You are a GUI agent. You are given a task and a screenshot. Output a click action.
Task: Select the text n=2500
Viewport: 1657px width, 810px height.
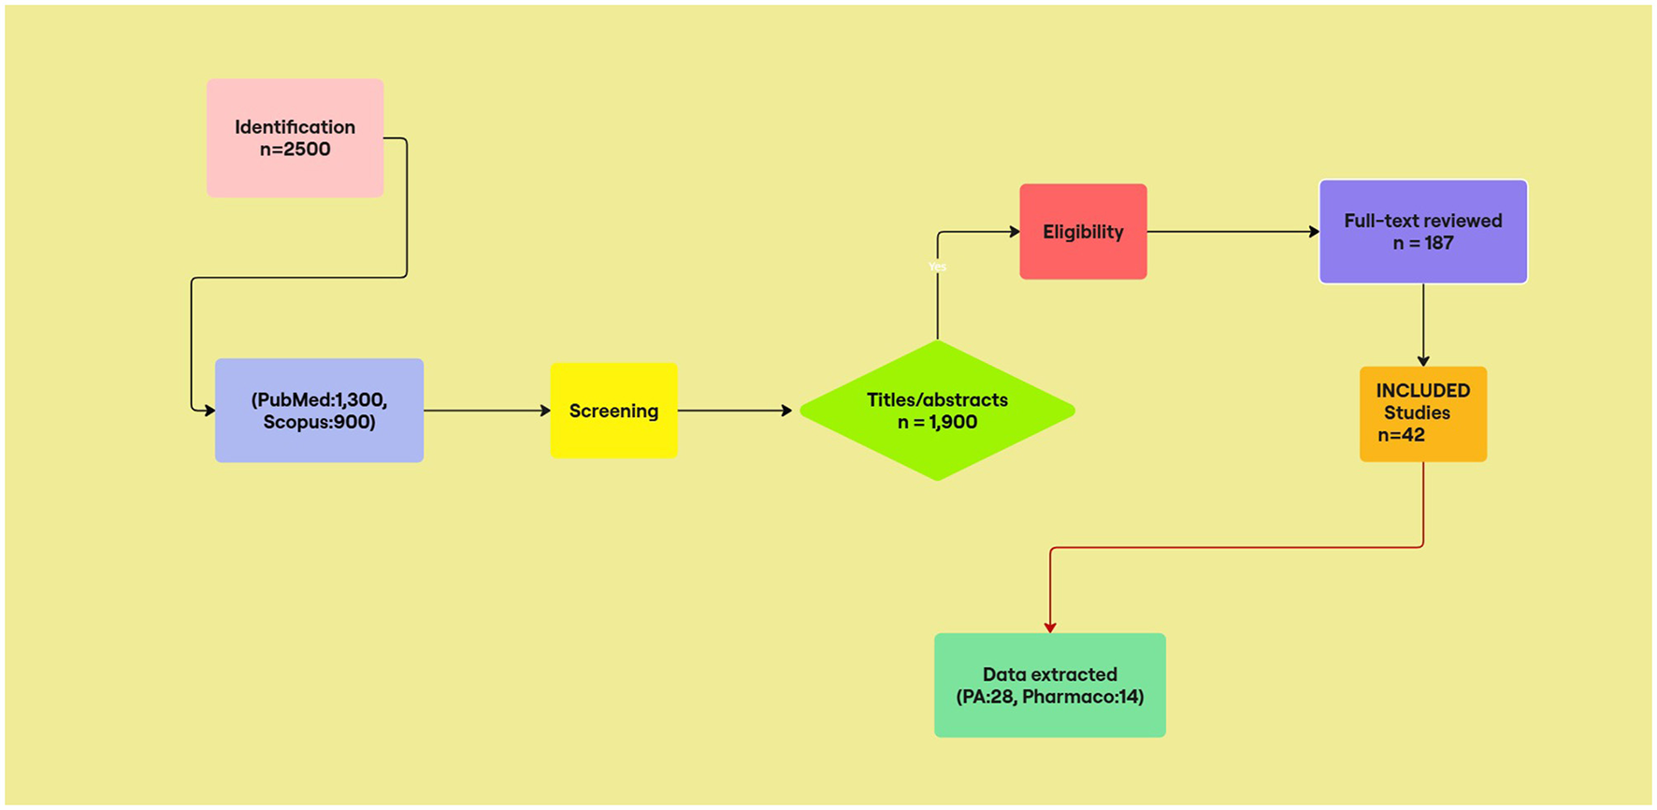click(x=295, y=150)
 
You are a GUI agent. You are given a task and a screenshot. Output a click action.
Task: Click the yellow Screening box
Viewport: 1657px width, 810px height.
click(x=613, y=411)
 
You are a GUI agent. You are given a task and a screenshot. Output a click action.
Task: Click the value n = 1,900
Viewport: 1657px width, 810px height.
click(x=937, y=423)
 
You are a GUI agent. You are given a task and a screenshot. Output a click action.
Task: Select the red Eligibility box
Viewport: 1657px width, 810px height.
click(x=1083, y=232)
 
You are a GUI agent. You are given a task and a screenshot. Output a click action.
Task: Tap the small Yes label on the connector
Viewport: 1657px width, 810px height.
click(x=937, y=268)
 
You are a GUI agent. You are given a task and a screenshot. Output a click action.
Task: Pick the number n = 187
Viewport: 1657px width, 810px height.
click(x=1422, y=243)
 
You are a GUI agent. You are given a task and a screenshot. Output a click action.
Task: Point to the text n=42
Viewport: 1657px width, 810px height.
click(x=1401, y=435)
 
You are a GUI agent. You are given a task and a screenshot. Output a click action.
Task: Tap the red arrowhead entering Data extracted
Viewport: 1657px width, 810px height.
click(x=1050, y=628)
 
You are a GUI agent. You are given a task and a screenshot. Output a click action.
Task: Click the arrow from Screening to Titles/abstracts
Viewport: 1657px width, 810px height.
click(x=735, y=411)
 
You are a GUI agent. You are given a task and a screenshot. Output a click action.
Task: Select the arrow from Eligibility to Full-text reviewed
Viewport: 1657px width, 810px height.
click(x=1232, y=232)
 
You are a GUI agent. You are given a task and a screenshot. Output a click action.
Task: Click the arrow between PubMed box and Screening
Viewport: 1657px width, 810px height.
click(x=486, y=411)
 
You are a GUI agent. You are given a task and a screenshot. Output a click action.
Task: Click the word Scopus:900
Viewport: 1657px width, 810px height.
click(x=319, y=423)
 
